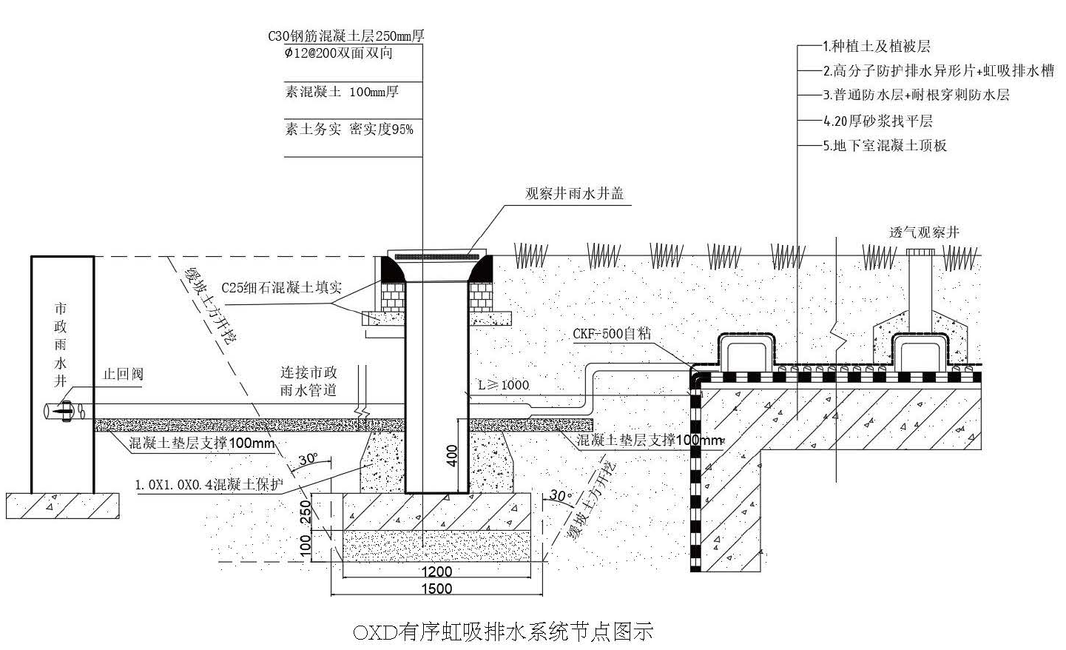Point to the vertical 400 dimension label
[x=453, y=455]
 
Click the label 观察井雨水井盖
[x=574, y=194]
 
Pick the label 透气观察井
[x=924, y=232]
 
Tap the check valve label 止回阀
[x=122, y=374]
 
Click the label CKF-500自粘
[x=612, y=333]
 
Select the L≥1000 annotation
[x=503, y=385]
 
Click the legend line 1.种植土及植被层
[x=877, y=47]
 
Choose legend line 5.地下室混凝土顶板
[x=885, y=146]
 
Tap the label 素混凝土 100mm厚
[x=342, y=92]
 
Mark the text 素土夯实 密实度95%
[x=349, y=130]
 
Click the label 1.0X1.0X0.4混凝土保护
[x=209, y=485]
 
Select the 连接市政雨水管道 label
[x=308, y=381]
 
